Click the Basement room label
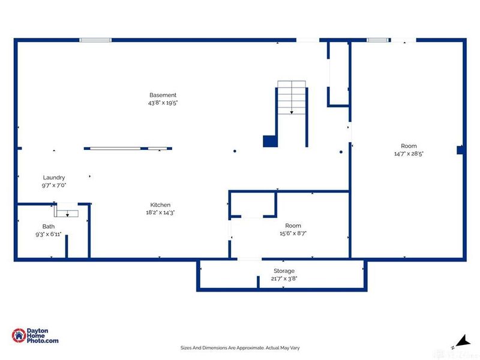point(163,95)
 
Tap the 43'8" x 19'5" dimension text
point(163,103)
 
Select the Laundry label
point(54,178)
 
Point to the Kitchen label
point(160,205)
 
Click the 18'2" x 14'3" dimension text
point(160,212)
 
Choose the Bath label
point(49,227)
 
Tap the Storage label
point(284,271)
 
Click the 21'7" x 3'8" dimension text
point(284,278)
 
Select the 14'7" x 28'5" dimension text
point(409,154)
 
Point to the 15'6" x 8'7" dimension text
point(293,233)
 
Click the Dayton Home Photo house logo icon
point(19,335)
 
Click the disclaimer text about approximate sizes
point(240,348)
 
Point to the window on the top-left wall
point(95,40)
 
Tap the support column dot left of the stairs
point(235,151)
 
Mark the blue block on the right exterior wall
point(460,150)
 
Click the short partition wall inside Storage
point(258,282)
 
